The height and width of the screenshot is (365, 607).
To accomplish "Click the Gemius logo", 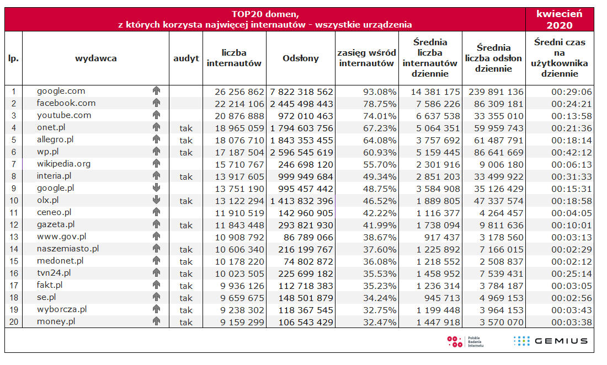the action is click(x=551, y=341).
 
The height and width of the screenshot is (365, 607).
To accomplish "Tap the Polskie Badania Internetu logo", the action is click(x=465, y=341).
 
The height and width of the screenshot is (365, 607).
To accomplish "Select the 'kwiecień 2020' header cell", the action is click(x=560, y=19).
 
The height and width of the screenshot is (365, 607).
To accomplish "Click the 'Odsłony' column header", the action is click(x=300, y=58).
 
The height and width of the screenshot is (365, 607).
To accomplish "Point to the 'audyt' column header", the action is click(x=186, y=58).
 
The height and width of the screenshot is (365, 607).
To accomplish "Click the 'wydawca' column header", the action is click(x=95, y=58).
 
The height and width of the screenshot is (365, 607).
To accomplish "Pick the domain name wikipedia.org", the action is click(x=63, y=164).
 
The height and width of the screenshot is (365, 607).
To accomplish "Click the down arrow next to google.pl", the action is click(x=156, y=187).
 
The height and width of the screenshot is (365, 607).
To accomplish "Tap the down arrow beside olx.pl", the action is click(x=156, y=200).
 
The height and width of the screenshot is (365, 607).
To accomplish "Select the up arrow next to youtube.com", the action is click(x=156, y=115).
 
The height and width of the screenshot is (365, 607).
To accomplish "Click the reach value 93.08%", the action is click(x=380, y=92).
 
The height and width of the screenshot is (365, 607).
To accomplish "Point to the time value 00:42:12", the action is click(x=571, y=152).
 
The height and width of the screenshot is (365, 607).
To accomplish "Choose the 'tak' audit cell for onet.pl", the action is click(x=186, y=128).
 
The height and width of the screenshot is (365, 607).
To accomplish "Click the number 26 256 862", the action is click(x=239, y=92).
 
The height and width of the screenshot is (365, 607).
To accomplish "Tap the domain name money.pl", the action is click(x=56, y=321).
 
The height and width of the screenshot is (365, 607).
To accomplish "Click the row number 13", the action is click(x=14, y=237).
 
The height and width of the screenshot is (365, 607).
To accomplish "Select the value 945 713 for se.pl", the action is click(x=441, y=298).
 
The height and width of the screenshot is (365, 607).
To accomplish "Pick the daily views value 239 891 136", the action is click(x=496, y=92).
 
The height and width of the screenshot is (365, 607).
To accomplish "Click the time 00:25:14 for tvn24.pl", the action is click(x=571, y=273).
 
